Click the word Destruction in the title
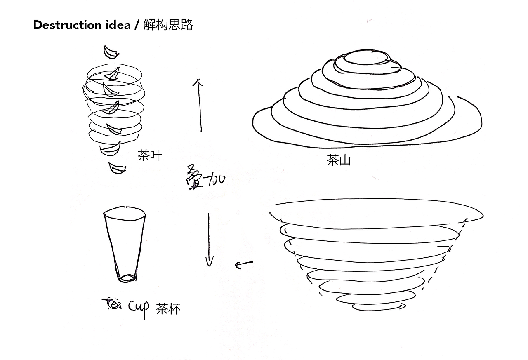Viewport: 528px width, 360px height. (x=67, y=25)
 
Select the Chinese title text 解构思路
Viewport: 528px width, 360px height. (x=168, y=24)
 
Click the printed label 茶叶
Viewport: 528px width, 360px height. (x=150, y=155)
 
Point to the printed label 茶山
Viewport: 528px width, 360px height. (x=339, y=160)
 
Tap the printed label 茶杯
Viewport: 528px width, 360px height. (x=168, y=308)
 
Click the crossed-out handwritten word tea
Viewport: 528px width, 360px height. (x=112, y=304)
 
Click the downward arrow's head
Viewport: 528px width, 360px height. (x=209, y=262)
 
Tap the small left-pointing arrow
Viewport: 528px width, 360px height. (x=244, y=264)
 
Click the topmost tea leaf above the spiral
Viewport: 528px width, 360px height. (x=111, y=53)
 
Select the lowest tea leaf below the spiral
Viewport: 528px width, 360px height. (x=117, y=168)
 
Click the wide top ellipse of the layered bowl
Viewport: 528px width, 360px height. (x=377, y=199)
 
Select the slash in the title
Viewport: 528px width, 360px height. (x=137, y=25)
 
